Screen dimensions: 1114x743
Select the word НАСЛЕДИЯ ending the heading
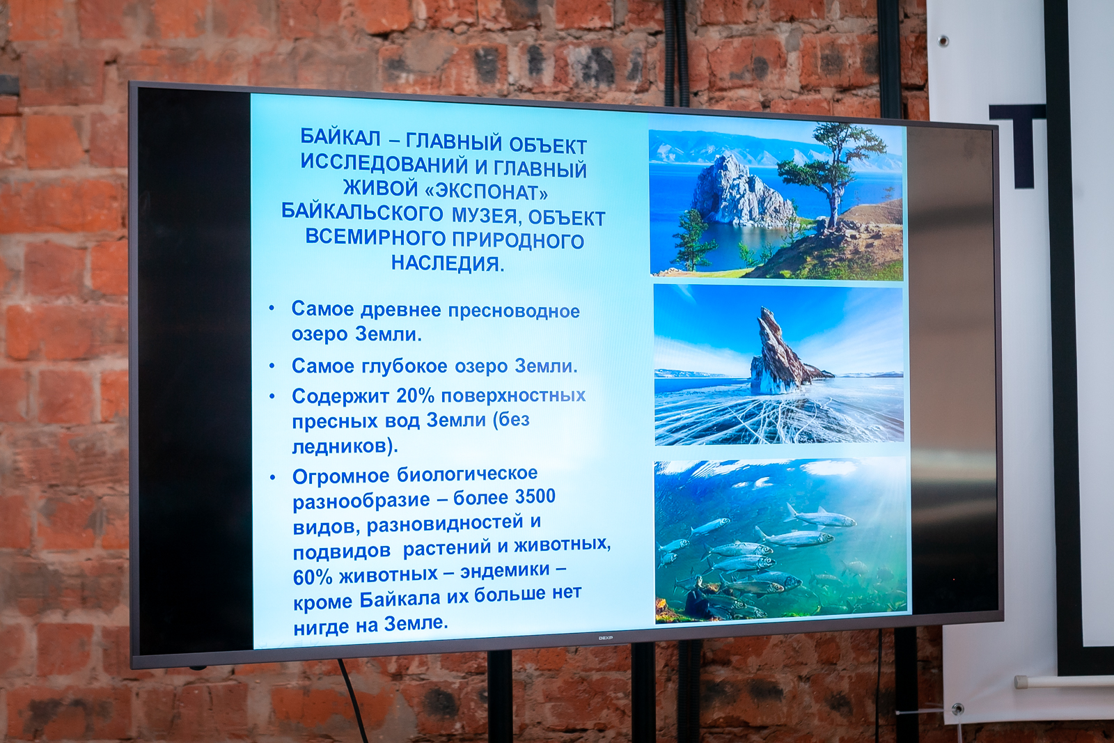[x=447, y=263]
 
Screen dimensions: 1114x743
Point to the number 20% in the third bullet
[x=414, y=396]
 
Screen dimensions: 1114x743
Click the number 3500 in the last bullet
[x=535, y=496]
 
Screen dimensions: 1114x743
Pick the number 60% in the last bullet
[x=312, y=577]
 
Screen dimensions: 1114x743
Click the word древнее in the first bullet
[x=401, y=311]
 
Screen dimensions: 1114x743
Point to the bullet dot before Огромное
[x=272, y=478]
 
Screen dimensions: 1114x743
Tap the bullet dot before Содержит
[x=272, y=397]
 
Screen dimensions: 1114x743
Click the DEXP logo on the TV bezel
[x=605, y=638]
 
